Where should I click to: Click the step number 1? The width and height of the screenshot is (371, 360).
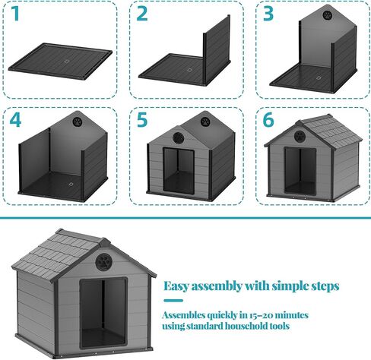(x=15, y=14)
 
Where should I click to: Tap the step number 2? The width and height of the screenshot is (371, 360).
(x=142, y=14)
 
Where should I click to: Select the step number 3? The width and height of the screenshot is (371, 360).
(x=268, y=14)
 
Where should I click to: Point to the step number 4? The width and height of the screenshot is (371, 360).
(x=15, y=120)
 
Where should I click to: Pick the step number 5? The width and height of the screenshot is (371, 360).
(x=142, y=120)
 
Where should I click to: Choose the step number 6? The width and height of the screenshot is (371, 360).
(x=268, y=120)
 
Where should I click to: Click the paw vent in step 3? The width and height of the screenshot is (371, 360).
(x=328, y=15)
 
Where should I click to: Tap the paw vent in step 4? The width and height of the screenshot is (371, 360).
(x=78, y=122)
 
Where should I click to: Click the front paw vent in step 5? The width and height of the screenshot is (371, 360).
(x=179, y=137)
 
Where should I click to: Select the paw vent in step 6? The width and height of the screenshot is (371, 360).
(x=300, y=136)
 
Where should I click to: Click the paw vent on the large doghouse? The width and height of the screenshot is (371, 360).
(x=103, y=262)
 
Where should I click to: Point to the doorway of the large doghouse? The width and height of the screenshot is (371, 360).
(x=103, y=313)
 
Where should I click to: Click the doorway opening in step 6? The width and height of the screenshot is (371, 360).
(x=300, y=170)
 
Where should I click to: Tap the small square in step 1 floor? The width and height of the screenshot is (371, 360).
(x=67, y=62)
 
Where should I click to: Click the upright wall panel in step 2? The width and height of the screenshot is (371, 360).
(x=217, y=49)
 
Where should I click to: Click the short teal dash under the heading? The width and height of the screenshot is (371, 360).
(x=173, y=301)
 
